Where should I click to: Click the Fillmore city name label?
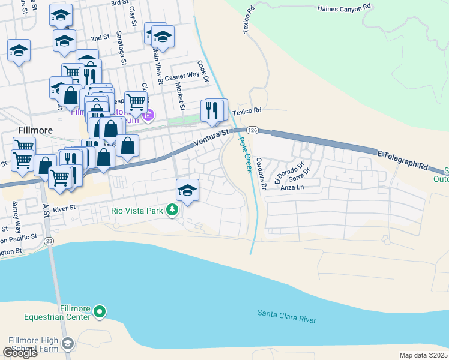point(35,130)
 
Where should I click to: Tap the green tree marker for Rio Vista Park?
point(173,210)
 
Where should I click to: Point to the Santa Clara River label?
point(286,317)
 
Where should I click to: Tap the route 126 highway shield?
point(252,130)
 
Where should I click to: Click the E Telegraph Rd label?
point(402,160)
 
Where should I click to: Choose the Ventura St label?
point(212,138)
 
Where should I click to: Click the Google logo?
point(20,352)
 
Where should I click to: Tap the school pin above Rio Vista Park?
point(187,190)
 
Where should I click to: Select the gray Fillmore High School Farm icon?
point(68,343)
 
